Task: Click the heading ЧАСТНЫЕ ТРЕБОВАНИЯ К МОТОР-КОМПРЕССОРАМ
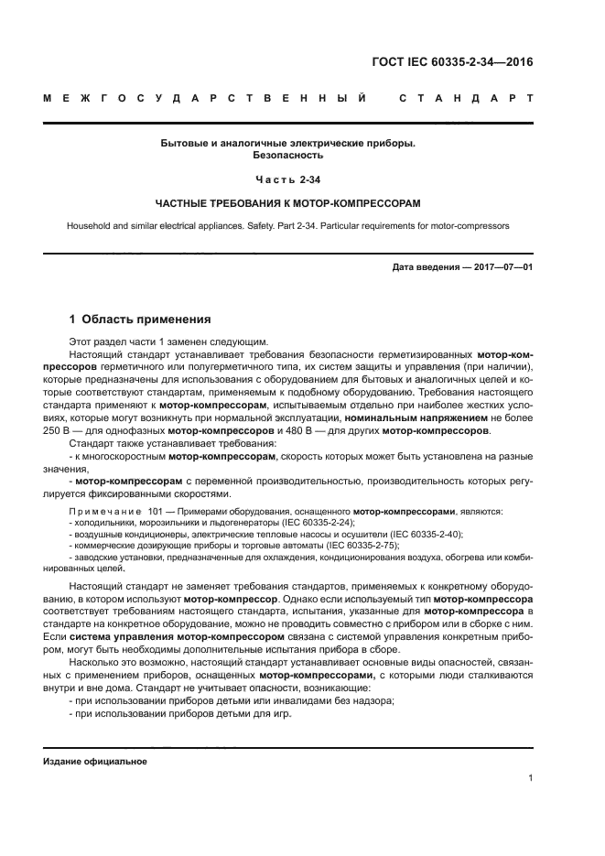[288, 201]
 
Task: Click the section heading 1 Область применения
[141, 320]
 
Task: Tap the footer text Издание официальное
[95, 762]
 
